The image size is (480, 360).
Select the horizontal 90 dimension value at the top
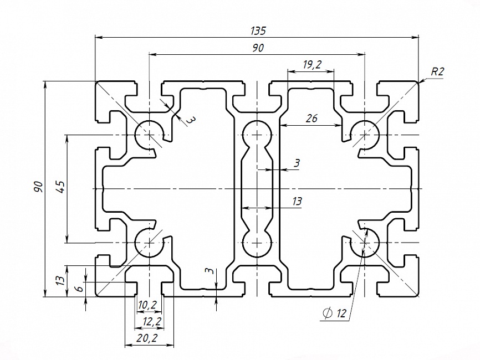257,48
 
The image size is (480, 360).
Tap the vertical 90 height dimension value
38,186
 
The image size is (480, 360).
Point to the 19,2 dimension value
312,65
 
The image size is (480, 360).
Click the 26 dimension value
312,118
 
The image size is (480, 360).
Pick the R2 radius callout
438,71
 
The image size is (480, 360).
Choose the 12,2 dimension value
151,321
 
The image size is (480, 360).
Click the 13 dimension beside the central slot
297,202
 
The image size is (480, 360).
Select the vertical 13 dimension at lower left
60,281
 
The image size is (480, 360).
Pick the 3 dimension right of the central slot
297,163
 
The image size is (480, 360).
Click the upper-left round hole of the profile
149,133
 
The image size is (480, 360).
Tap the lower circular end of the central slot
257,243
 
